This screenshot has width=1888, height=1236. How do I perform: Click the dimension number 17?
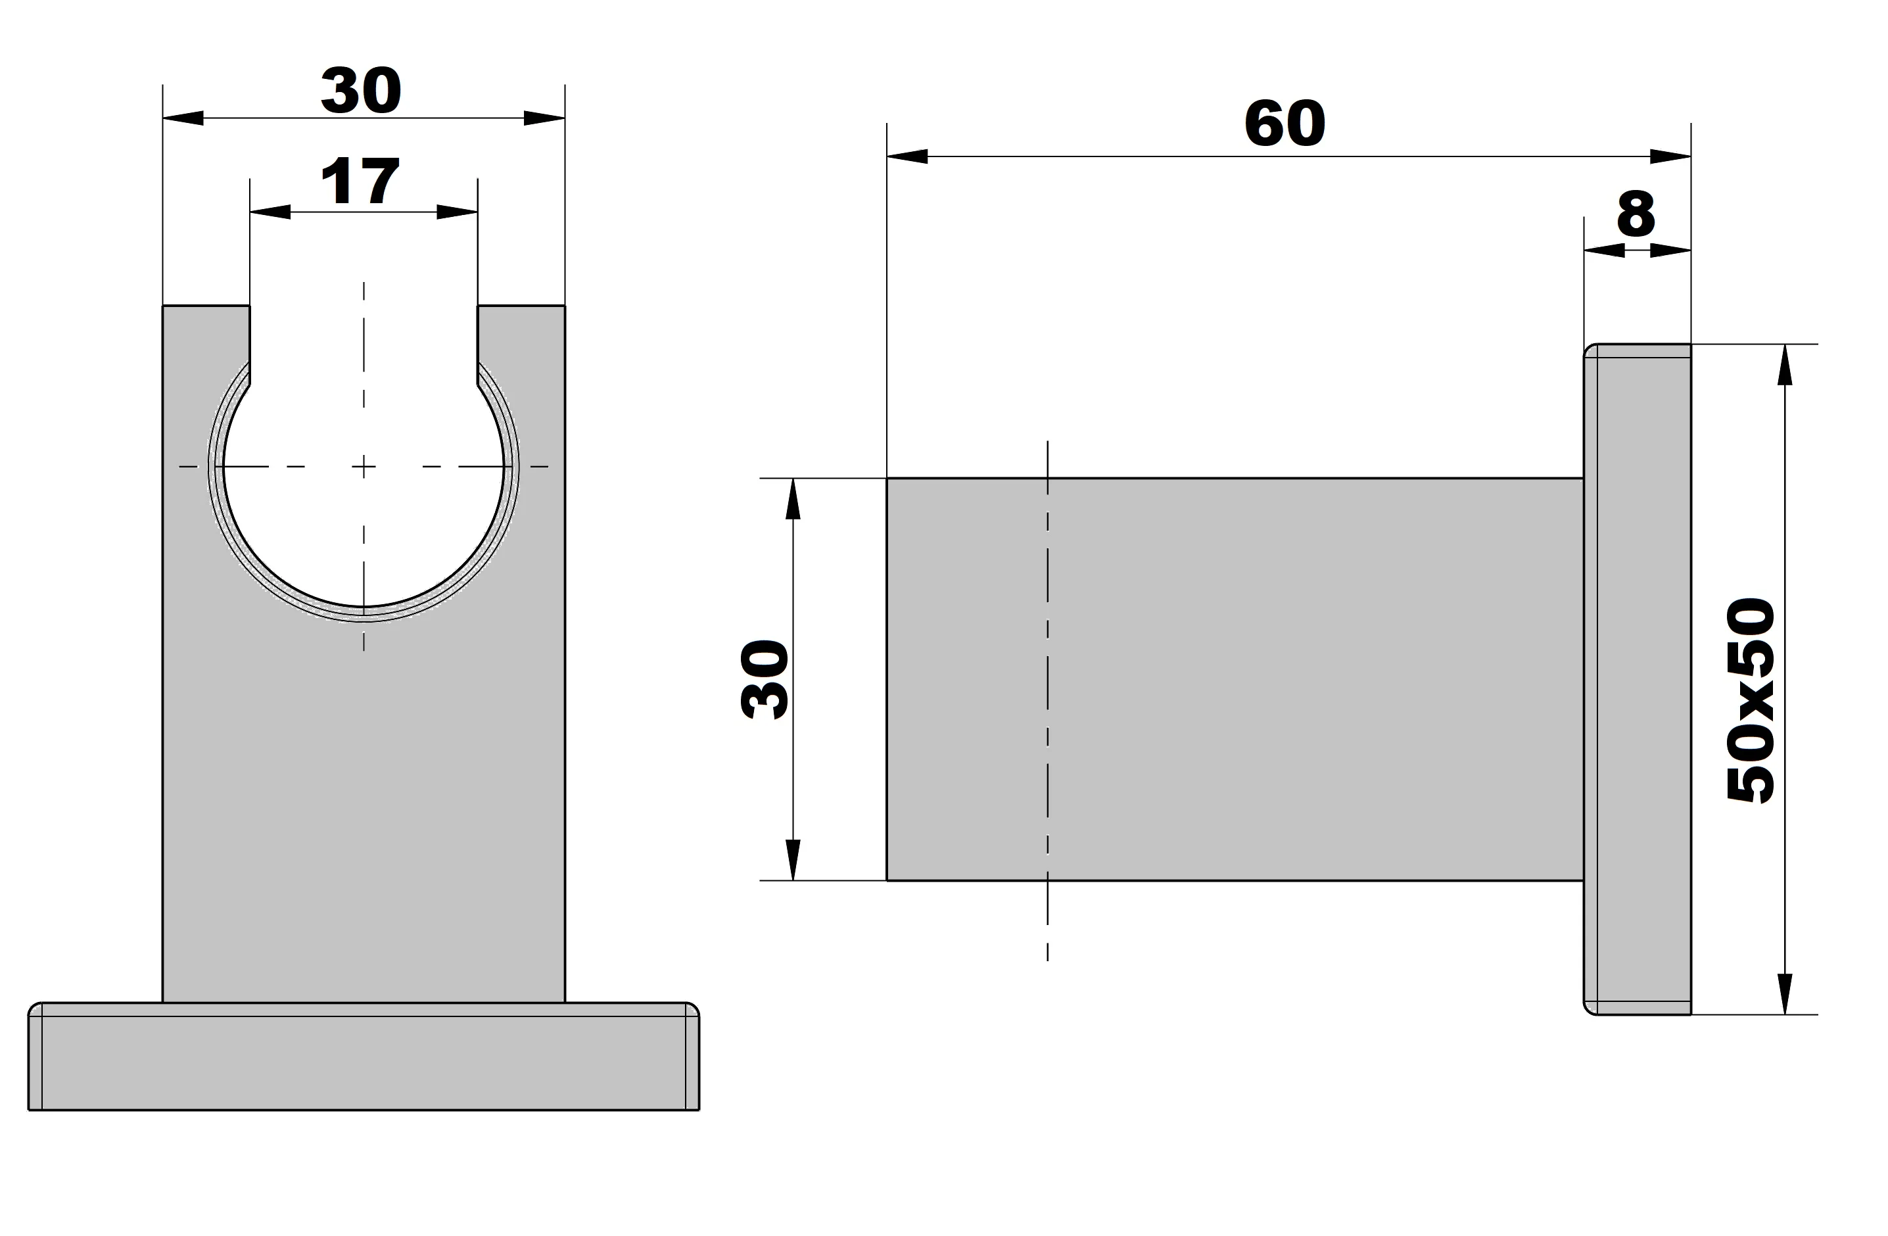click(x=360, y=181)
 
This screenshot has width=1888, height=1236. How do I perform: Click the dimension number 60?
click(x=1285, y=124)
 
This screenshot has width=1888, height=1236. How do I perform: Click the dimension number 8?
click(x=1636, y=214)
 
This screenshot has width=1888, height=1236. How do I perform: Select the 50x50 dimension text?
click(x=1750, y=701)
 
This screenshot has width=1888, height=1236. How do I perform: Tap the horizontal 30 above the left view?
click(x=361, y=91)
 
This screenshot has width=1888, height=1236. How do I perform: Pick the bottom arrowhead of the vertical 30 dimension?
click(x=793, y=861)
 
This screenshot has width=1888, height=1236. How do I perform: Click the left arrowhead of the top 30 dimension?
click(x=183, y=118)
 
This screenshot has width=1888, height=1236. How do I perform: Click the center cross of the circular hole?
click(x=364, y=467)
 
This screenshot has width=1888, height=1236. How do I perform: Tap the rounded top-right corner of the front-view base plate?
click(x=692, y=1009)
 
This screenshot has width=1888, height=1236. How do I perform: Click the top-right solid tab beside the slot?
click(x=521, y=333)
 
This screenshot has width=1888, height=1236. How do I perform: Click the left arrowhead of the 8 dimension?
click(x=1603, y=250)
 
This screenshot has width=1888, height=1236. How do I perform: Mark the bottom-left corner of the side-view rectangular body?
click(x=887, y=880)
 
